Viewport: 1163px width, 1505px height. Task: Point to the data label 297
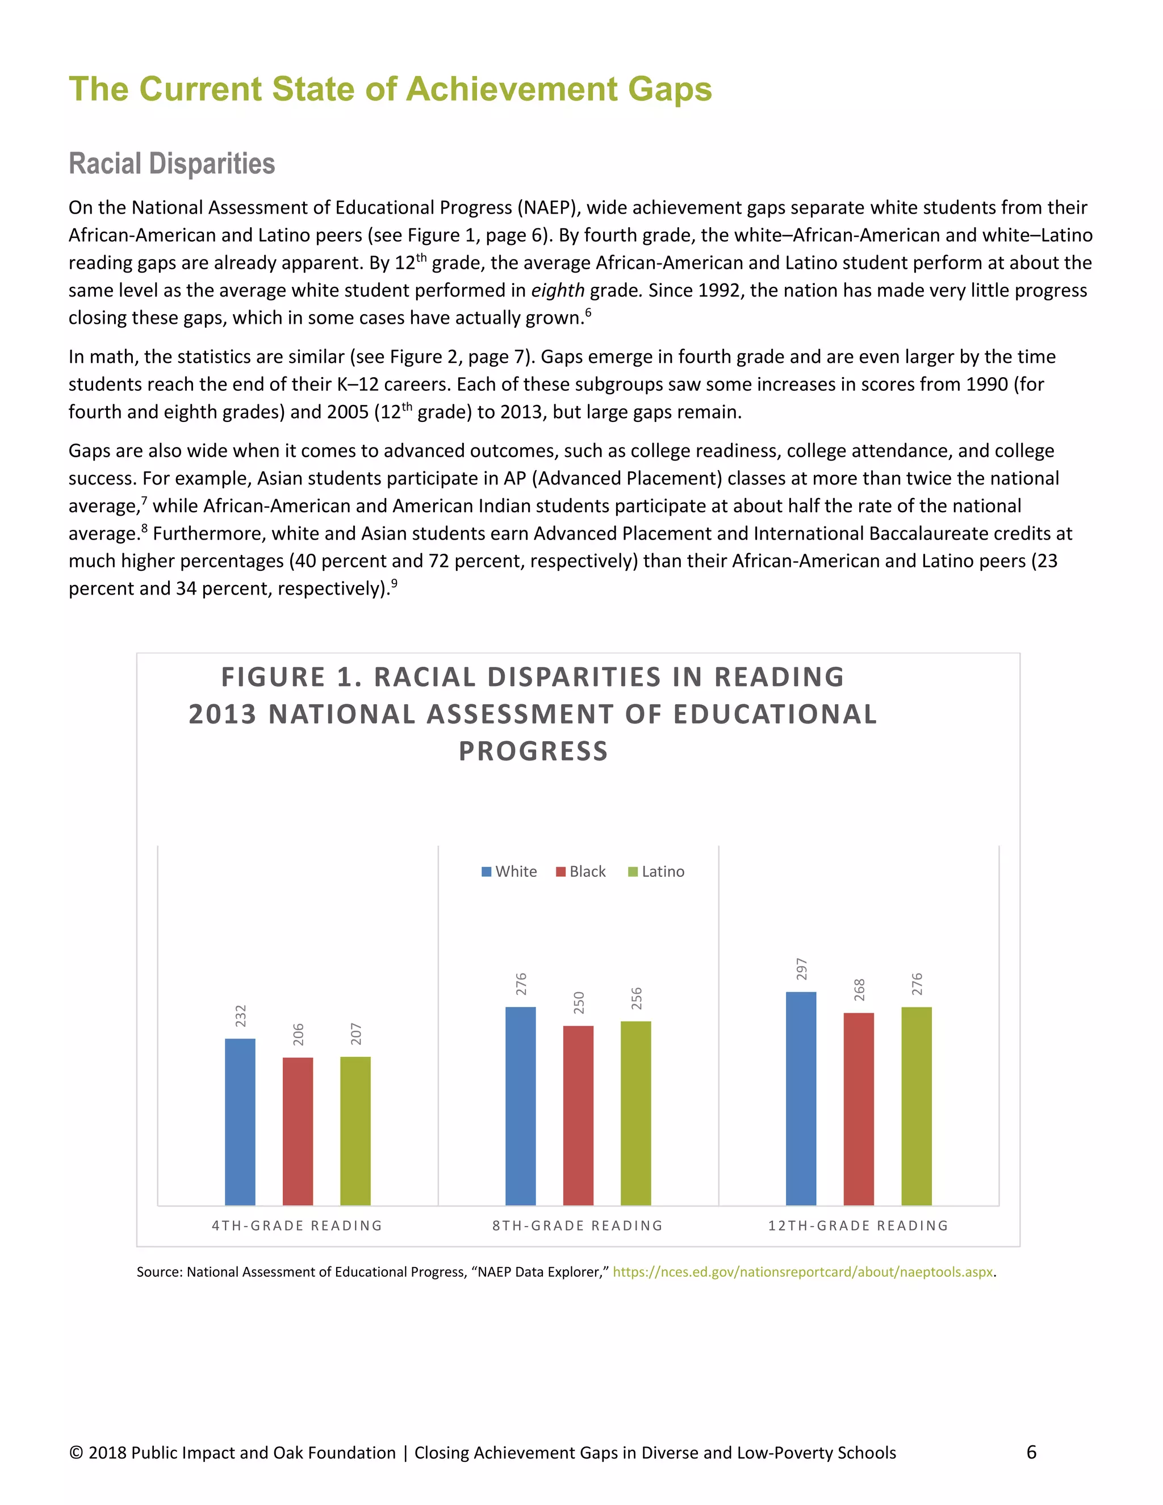coord(801,969)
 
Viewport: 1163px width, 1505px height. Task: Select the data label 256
coord(637,998)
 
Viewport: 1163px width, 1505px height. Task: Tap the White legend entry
coord(509,872)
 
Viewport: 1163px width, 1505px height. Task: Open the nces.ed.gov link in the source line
coord(802,1272)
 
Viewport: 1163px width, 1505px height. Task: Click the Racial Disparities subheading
coord(171,164)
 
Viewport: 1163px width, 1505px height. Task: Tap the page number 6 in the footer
coord(1031,1453)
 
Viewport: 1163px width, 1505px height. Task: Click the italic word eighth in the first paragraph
coord(558,290)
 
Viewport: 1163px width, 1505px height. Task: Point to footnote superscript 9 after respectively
coord(394,584)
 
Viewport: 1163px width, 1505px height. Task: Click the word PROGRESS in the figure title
coord(533,751)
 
